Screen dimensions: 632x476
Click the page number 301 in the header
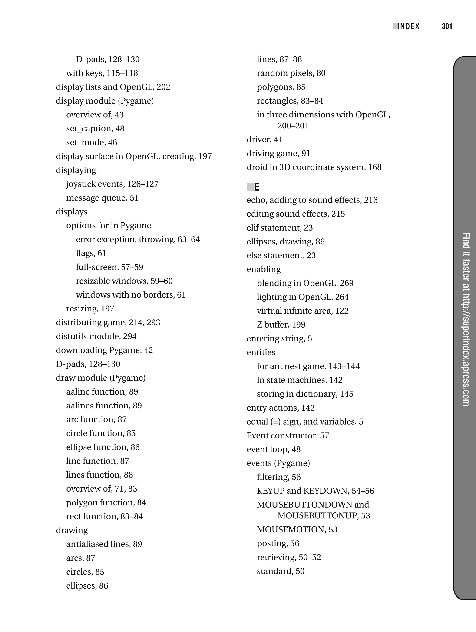446,27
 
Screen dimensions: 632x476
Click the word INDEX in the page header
408,27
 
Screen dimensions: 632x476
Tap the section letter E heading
256,187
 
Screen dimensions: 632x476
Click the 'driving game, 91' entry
278,154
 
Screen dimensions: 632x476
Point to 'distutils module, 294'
96,336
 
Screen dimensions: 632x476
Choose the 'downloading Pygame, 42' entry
104,350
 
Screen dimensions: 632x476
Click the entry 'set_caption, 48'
95,129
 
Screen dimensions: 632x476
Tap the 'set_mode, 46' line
91,142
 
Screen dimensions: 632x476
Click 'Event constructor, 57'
288,435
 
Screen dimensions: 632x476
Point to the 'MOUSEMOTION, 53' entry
297,529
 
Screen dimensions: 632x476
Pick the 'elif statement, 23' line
280,228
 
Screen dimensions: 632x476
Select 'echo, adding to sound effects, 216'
312,200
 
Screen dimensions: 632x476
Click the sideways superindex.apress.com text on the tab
466,319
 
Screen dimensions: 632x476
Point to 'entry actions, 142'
280,408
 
